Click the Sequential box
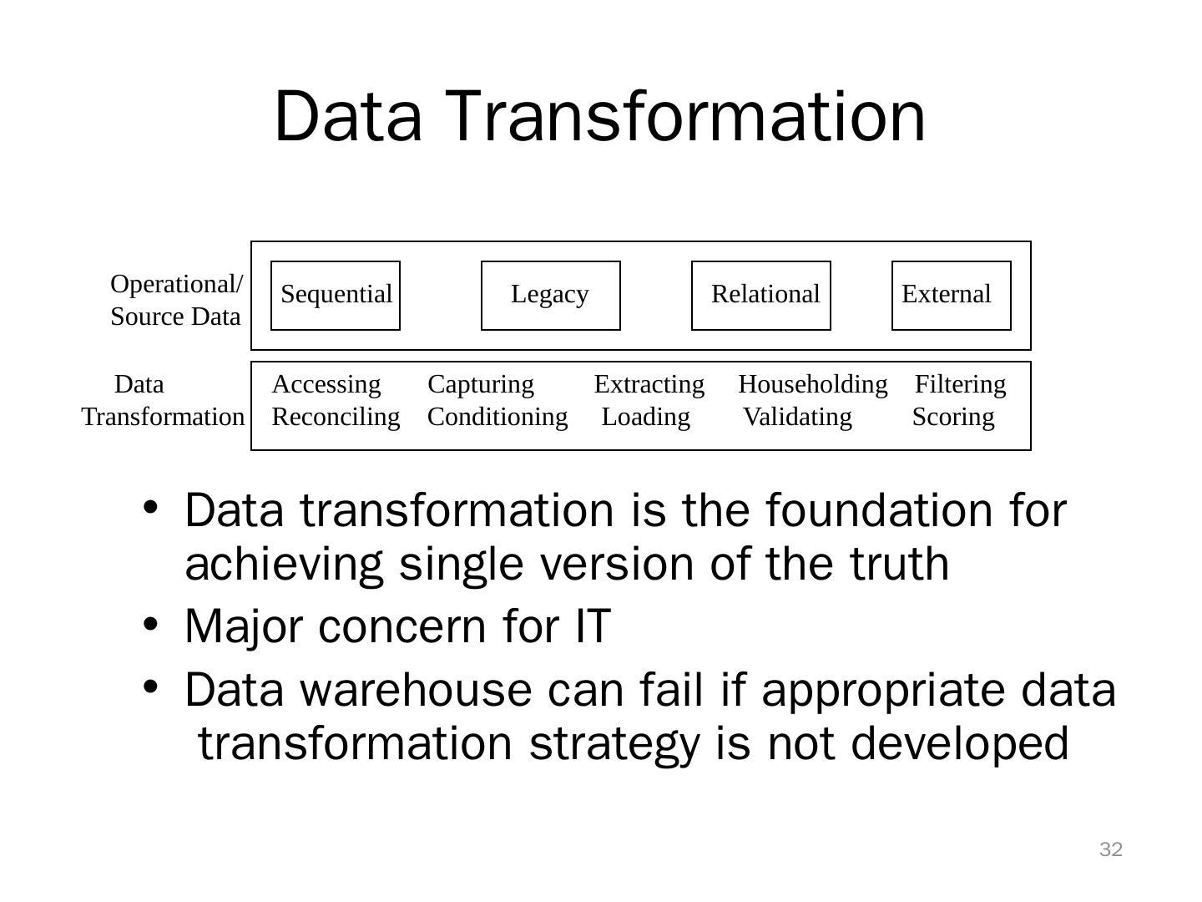coord(336,295)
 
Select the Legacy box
coord(550,295)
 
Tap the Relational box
coord(761,295)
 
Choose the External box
coord(951,295)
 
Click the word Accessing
coord(326,384)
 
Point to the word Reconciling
coord(336,417)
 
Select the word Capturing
coord(480,384)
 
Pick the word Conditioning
coord(497,417)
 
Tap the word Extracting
coord(649,384)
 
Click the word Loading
coord(645,417)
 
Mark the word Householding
coord(812,384)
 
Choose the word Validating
coord(797,417)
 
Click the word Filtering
coord(961,384)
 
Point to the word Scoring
coord(952,417)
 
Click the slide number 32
coord(1111,850)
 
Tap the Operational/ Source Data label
coord(176,300)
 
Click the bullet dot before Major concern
coord(150,624)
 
